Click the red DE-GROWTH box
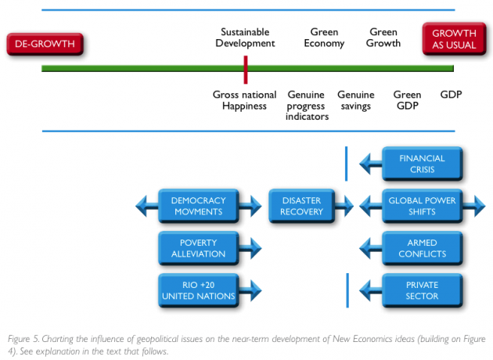click(x=45, y=44)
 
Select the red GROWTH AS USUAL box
click(x=454, y=39)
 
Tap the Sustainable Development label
click(x=245, y=38)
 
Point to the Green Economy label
click(x=324, y=38)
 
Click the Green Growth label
click(x=383, y=38)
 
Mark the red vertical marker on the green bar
click(x=246, y=70)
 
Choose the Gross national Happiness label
click(x=245, y=100)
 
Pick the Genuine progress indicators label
click(x=307, y=106)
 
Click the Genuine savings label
click(x=356, y=100)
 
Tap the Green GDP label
click(x=407, y=100)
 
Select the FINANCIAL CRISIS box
click(x=423, y=164)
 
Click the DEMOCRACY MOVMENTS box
click(x=199, y=206)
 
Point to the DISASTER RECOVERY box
click(x=301, y=206)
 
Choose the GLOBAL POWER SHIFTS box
click(x=423, y=206)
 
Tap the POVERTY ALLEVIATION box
click(x=199, y=248)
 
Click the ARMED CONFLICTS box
click(x=423, y=248)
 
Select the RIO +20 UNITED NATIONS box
click(x=199, y=290)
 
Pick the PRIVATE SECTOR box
click(x=423, y=290)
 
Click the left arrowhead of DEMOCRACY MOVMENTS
click(x=142, y=207)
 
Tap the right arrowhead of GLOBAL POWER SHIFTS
click(x=480, y=207)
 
